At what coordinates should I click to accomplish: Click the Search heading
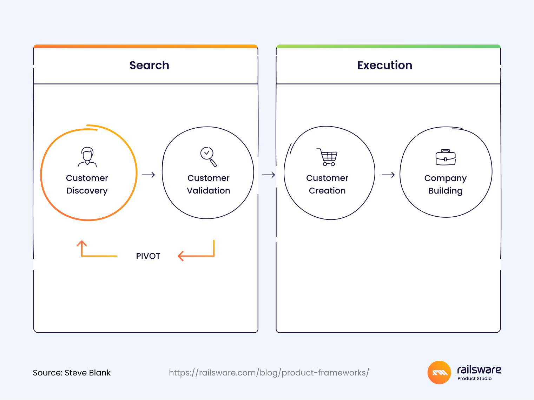[149, 65]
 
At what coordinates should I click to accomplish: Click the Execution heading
[385, 65]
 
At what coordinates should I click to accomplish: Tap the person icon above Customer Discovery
[87, 157]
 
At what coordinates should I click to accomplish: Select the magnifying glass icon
[209, 157]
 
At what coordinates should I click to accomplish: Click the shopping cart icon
[327, 157]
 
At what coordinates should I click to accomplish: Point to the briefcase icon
[446, 157]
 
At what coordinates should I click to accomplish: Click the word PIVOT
[148, 256]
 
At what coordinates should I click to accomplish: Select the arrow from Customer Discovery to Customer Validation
[149, 175]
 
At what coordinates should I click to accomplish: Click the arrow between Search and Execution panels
[268, 175]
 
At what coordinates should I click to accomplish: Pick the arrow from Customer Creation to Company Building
[388, 175]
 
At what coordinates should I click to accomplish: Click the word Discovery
[87, 191]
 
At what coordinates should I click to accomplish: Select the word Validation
[209, 191]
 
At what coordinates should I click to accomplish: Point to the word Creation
[327, 191]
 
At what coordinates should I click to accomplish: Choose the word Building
[446, 191]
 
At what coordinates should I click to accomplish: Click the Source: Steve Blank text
[72, 373]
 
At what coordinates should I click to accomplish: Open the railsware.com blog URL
[269, 373]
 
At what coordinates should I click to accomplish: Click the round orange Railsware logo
[439, 373]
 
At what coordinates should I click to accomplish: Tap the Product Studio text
[474, 379]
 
